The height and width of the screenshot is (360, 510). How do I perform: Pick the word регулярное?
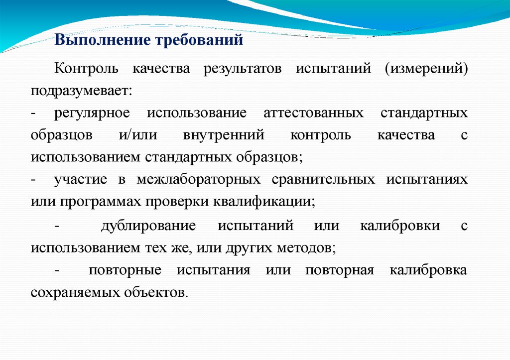tap(92, 113)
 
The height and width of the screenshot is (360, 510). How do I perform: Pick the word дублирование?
tap(148, 226)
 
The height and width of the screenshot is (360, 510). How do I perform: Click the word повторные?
tap(125, 270)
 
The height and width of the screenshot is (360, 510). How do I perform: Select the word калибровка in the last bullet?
tap(428, 270)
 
